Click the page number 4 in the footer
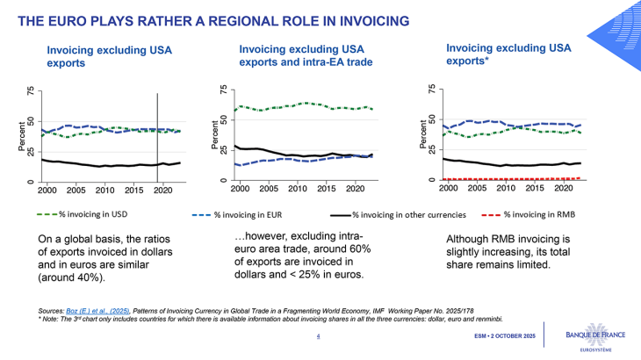pyautogui.click(x=318, y=336)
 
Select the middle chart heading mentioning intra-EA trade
pyautogui.click(x=306, y=54)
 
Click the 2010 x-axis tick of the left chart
pyautogui.click(x=104, y=190)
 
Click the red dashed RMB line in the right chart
pyautogui.click(x=509, y=178)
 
